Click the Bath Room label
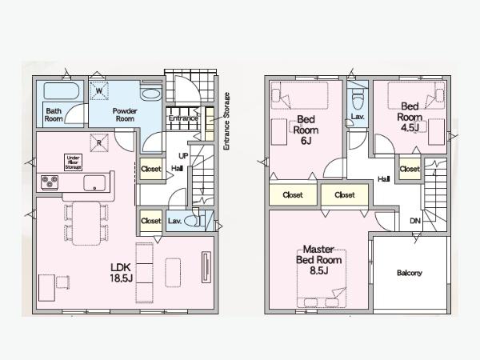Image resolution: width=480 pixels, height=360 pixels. pos(54,114)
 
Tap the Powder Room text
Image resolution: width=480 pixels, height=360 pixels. pos(125,114)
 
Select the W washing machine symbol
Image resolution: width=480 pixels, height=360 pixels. pos(100,91)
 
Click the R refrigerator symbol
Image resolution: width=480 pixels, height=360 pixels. pos(99,143)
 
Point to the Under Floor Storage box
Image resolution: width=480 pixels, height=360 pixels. pos(73,162)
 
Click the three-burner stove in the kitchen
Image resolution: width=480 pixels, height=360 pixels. pos(50,182)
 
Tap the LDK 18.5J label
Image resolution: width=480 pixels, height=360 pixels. pos(122,273)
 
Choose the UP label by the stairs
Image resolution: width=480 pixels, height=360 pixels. pos(183,156)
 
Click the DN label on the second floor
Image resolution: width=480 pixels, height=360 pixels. pos(415,221)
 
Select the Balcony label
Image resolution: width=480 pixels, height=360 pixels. pos(410,273)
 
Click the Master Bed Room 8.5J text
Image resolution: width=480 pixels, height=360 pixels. pos(318,260)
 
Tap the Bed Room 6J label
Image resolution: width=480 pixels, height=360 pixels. pos(306,130)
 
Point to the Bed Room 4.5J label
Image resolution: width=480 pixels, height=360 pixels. pos(410,118)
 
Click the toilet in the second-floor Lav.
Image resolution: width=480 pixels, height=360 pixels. pos(357,98)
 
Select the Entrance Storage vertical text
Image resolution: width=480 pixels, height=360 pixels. pos(226,122)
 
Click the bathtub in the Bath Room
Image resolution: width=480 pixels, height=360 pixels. pos(62,91)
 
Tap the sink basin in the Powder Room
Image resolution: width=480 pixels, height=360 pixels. pos(151,94)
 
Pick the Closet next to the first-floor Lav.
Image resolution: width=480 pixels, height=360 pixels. pos(151,221)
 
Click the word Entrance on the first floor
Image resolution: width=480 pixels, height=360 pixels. pos(183,118)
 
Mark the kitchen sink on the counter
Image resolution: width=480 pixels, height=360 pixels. pos(94,183)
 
